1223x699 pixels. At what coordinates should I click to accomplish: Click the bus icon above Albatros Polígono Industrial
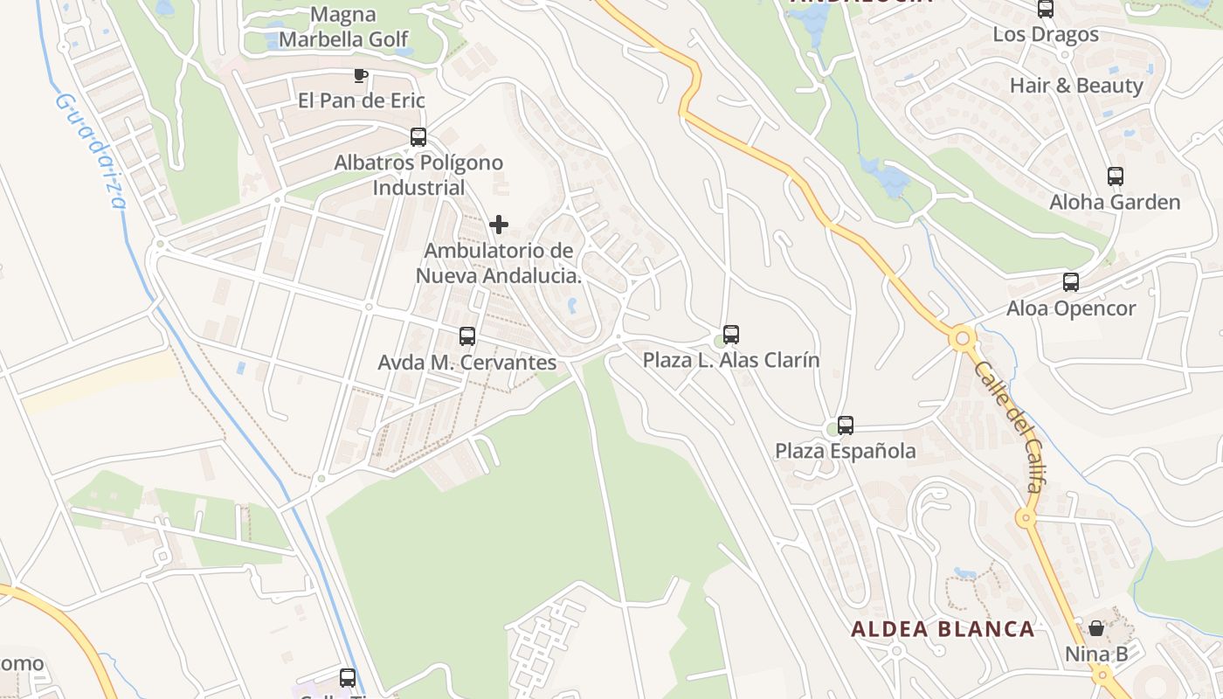pyautogui.click(x=418, y=137)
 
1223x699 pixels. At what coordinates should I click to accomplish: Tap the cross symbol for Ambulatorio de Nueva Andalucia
pyautogui.click(x=499, y=225)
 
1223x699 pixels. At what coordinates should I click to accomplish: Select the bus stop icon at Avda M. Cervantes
pyautogui.click(x=467, y=336)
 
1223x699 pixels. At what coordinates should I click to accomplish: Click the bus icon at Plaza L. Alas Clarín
pyautogui.click(x=731, y=334)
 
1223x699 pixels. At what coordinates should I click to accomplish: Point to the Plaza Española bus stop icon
pyautogui.click(x=845, y=426)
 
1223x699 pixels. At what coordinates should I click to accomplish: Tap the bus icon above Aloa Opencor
pyautogui.click(x=1071, y=282)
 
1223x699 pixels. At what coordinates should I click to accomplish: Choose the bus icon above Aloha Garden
pyautogui.click(x=1115, y=176)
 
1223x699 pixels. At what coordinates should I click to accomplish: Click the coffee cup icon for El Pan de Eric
pyautogui.click(x=360, y=76)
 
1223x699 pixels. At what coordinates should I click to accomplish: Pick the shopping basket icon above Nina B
pyautogui.click(x=1096, y=628)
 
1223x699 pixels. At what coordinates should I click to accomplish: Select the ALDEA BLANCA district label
pyautogui.click(x=943, y=629)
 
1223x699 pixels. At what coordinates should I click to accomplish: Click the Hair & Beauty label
pyautogui.click(x=1076, y=86)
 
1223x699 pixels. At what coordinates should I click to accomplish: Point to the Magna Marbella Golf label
pyautogui.click(x=343, y=27)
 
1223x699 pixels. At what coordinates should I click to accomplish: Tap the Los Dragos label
pyautogui.click(x=1046, y=35)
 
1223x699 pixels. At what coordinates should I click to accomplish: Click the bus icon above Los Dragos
pyautogui.click(x=1046, y=10)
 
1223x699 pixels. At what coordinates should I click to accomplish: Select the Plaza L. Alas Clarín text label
pyautogui.click(x=731, y=360)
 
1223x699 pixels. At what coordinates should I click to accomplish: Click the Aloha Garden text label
pyautogui.click(x=1115, y=203)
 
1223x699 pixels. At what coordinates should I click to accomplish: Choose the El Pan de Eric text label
pyautogui.click(x=362, y=100)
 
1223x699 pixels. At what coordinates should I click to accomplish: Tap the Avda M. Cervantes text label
pyautogui.click(x=466, y=363)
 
